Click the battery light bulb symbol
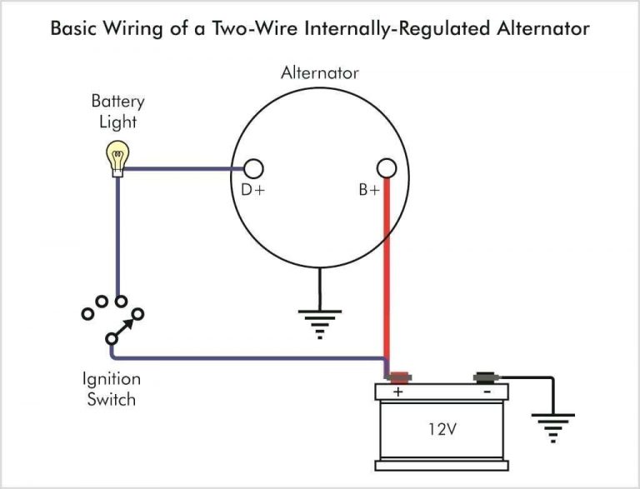pyautogui.click(x=117, y=157)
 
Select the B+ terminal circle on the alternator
pyautogui.click(x=386, y=168)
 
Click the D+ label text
pyautogui.click(x=252, y=190)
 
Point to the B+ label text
pyautogui.click(x=369, y=190)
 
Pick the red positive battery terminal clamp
pyautogui.click(x=399, y=377)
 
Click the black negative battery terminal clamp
pyautogui.click(x=485, y=377)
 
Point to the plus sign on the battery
pyautogui.click(x=397, y=392)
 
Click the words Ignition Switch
pyautogui.click(x=109, y=388)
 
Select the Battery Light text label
pyautogui.click(x=117, y=112)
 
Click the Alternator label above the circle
pyautogui.click(x=320, y=72)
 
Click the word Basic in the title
pyautogui.click(x=74, y=28)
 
